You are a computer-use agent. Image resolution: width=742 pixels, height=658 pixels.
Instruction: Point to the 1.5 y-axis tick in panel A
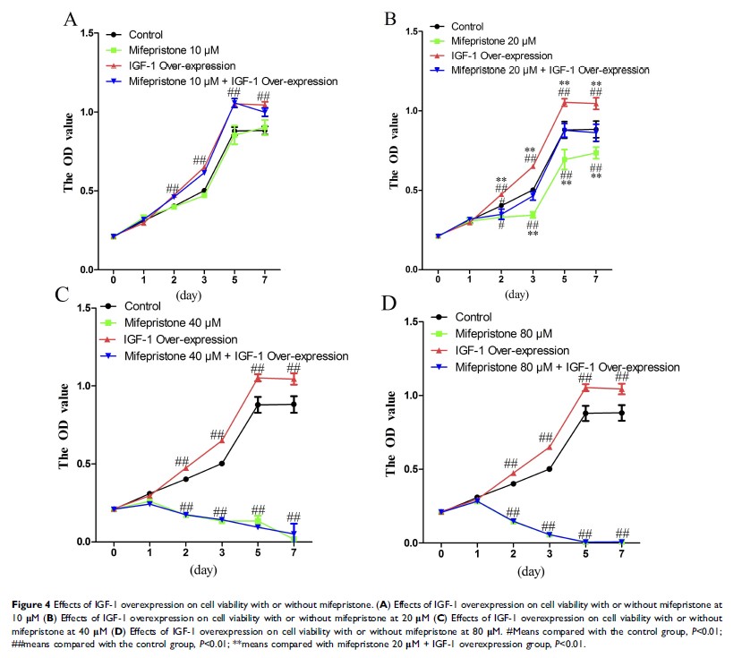(87, 33)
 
